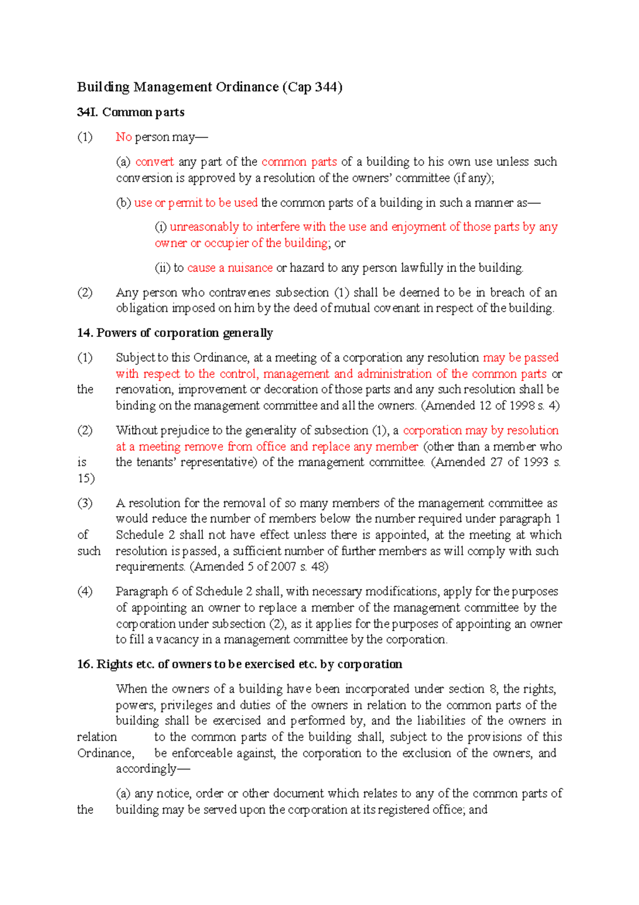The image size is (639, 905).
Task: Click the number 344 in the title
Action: click(x=324, y=87)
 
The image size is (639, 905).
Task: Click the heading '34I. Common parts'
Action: click(x=131, y=112)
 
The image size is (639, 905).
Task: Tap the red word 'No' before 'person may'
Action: click(x=124, y=137)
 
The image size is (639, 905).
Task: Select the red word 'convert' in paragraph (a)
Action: click(x=154, y=161)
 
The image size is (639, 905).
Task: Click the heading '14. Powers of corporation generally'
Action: click(x=175, y=333)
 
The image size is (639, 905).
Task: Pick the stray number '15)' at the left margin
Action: click(x=86, y=478)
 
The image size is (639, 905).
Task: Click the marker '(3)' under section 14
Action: click(x=85, y=503)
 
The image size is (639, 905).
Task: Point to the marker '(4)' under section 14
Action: click(x=85, y=592)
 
